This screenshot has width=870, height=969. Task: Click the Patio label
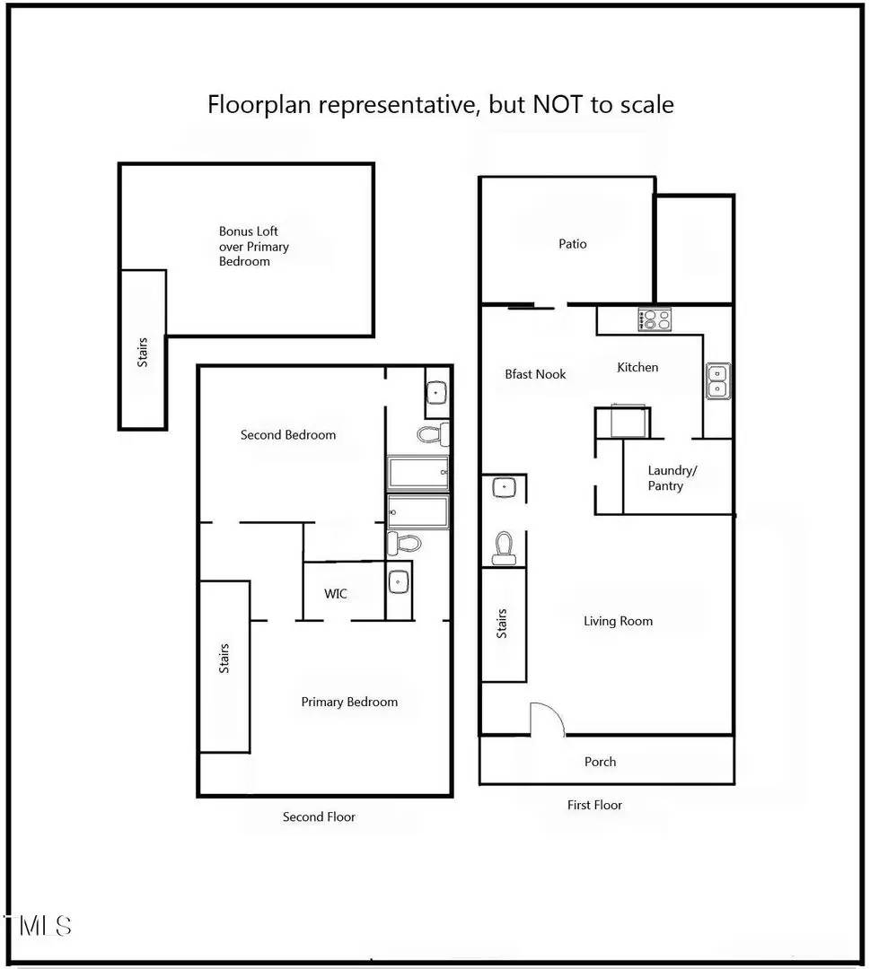click(572, 244)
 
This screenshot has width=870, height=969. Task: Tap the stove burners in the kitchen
click(654, 319)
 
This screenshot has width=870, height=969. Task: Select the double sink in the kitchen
click(717, 380)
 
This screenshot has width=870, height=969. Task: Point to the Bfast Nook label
click(535, 374)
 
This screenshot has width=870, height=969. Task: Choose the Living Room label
click(618, 621)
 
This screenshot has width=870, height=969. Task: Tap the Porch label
click(600, 762)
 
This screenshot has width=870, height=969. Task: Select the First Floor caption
click(594, 805)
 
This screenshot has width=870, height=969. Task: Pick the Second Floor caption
click(319, 816)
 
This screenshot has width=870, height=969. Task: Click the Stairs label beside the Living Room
click(502, 624)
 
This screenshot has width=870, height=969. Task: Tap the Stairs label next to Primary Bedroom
click(224, 659)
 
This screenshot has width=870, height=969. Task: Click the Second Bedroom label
click(288, 435)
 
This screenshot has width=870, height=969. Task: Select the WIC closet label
click(336, 594)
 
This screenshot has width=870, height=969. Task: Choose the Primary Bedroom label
click(349, 702)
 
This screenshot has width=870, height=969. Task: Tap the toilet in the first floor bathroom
click(504, 546)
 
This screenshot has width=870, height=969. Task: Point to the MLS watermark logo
click(40, 926)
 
